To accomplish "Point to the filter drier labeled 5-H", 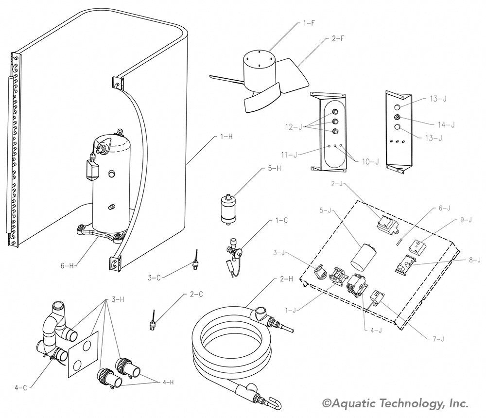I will [x=226, y=208].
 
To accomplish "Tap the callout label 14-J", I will [x=446, y=125].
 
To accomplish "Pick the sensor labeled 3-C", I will [x=195, y=261].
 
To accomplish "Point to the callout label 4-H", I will [x=168, y=383].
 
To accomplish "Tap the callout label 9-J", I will [x=466, y=220].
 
